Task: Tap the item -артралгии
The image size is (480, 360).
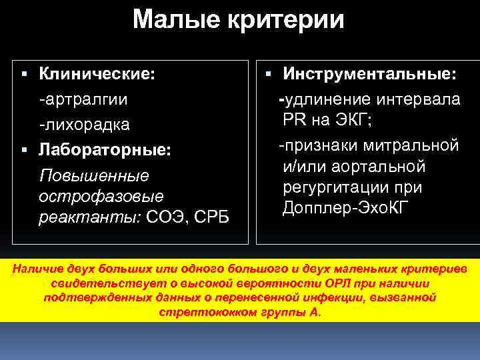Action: point(83,99)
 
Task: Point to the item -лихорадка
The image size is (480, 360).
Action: point(84,125)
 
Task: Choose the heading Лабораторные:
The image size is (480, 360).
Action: point(105,150)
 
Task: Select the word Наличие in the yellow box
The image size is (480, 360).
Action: point(39,269)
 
